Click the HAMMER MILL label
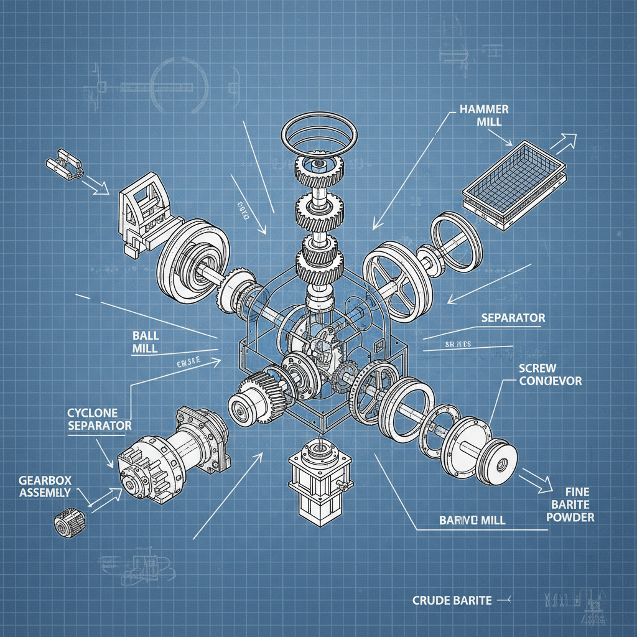[x=484, y=115]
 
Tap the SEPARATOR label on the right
[x=513, y=318]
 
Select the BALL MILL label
[x=146, y=342]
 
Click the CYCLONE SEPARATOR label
[x=99, y=419]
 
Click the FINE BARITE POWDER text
[x=571, y=504]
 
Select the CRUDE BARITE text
[x=452, y=600]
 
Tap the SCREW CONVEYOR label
[x=550, y=374]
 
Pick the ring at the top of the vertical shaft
[x=320, y=134]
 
